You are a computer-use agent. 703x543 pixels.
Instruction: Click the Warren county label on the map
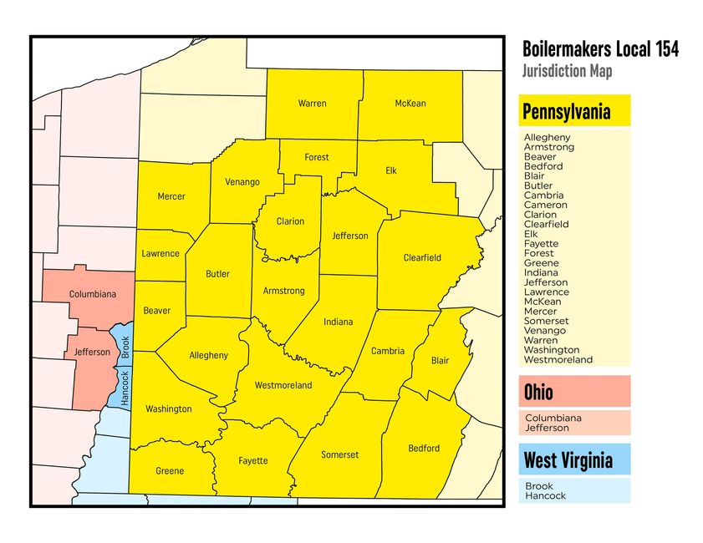pyautogui.click(x=312, y=104)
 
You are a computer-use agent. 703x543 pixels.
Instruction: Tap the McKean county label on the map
pyautogui.click(x=410, y=104)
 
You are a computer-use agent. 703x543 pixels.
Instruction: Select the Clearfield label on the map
pyautogui.click(x=421, y=258)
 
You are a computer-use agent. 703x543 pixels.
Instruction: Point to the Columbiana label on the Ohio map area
pyautogui.click(x=92, y=294)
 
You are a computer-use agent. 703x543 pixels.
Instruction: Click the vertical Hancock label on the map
pyautogui.click(x=125, y=388)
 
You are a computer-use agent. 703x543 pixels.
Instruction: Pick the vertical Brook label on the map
pyautogui.click(x=125, y=347)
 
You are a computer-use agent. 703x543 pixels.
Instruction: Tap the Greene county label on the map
pyautogui.click(x=170, y=471)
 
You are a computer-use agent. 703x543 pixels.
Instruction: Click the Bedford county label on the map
pyautogui.click(x=423, y=449)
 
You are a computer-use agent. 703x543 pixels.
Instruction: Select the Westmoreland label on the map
pyautogui.click(x=283, y=385)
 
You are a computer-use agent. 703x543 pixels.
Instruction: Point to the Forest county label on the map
pyautogui.click(x=317, y=157)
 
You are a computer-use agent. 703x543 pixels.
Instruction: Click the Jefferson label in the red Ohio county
pyautogui.click(x=92, y=353)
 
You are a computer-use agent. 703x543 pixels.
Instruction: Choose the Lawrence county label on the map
pyautogui.click(x=160, y=253)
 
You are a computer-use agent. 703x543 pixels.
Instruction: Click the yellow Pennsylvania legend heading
pyautogui.click(x=566, y=111)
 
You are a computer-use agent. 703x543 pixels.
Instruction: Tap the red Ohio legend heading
pyautogui.click(x=538, y=392)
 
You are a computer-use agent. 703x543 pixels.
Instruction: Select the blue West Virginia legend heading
pyautogui.click(x=568, y=460)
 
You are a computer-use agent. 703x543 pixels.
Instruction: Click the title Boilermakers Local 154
pyautogui.click(x=599, y=49)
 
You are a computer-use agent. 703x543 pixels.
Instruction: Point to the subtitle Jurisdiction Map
pyautogui.click(x=567, y=71)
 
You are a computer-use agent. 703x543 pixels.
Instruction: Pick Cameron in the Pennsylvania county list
pyautogui.click(x=545, y=205)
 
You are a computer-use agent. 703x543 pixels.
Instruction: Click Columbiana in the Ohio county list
pyautogui.click(x=553, y=418)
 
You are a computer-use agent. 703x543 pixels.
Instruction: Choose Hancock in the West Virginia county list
pyautogui.click(x=545, y=495)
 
